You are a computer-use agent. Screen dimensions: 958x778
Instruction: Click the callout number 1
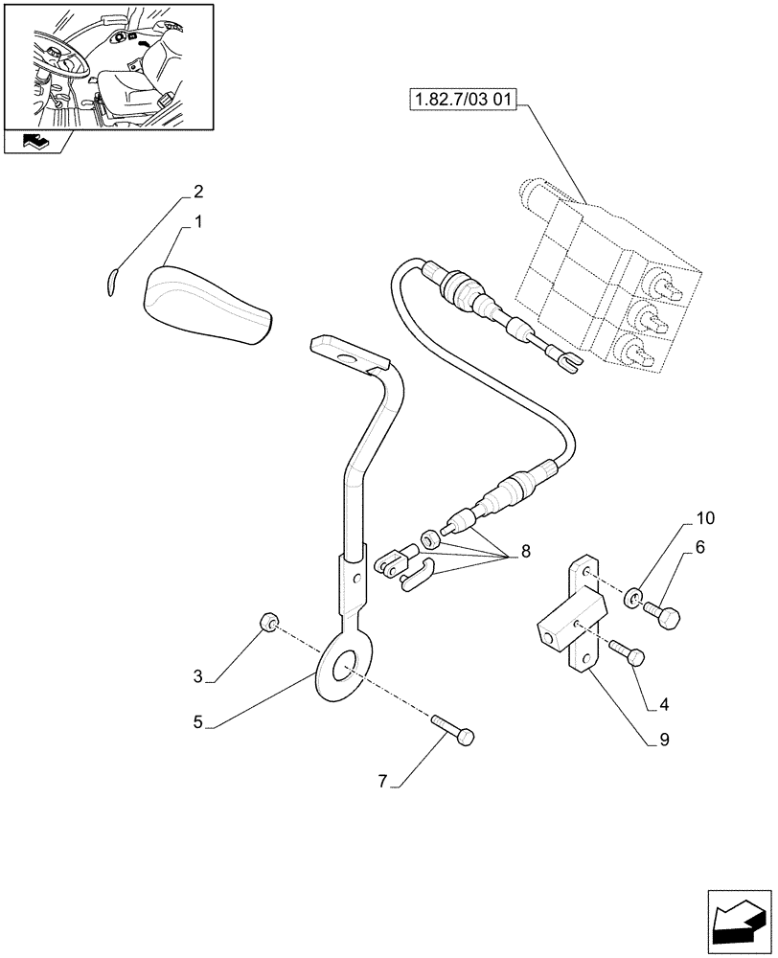click(x=198, y=221)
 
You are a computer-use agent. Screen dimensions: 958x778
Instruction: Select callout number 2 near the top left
click(x=198, y=192)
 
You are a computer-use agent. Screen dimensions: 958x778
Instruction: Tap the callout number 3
click(x=198, y=677)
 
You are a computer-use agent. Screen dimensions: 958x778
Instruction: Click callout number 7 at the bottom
click(x=382, y=783)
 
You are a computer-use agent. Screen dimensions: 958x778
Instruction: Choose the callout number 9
click(x=664, y=741)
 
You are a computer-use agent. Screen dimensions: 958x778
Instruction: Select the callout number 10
click(x=705, y=520)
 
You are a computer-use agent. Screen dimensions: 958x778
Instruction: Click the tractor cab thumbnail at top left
click(x=107, y=67)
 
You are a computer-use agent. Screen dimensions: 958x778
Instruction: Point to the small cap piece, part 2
click(x=110, y=280)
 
